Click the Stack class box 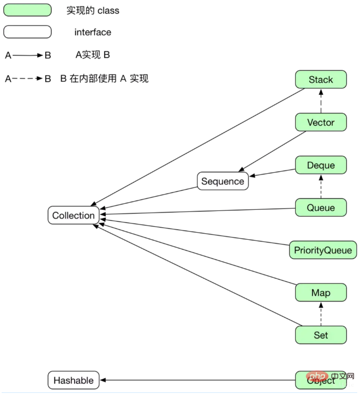[x=321, y=80]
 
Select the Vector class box [x=321, y=122]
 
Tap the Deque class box [x=321, y=165]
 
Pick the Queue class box [x=321, y=208]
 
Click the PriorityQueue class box [x=323, y=250]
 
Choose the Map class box [x=321, y=293]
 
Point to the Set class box [x=321, y=335]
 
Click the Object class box [x=321, y=380]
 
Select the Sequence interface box [x=223, y=181]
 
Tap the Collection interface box [x=74, y=215]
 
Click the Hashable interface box [x=74, y=380]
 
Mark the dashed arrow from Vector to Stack [x=321, y=101]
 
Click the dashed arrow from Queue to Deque [x=321, y=186]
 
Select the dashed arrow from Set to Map [x=321, y=314]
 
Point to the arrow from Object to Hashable [x=196, y=380]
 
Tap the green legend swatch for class [x=28, y=10]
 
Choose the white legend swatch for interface [x=28, y=32]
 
